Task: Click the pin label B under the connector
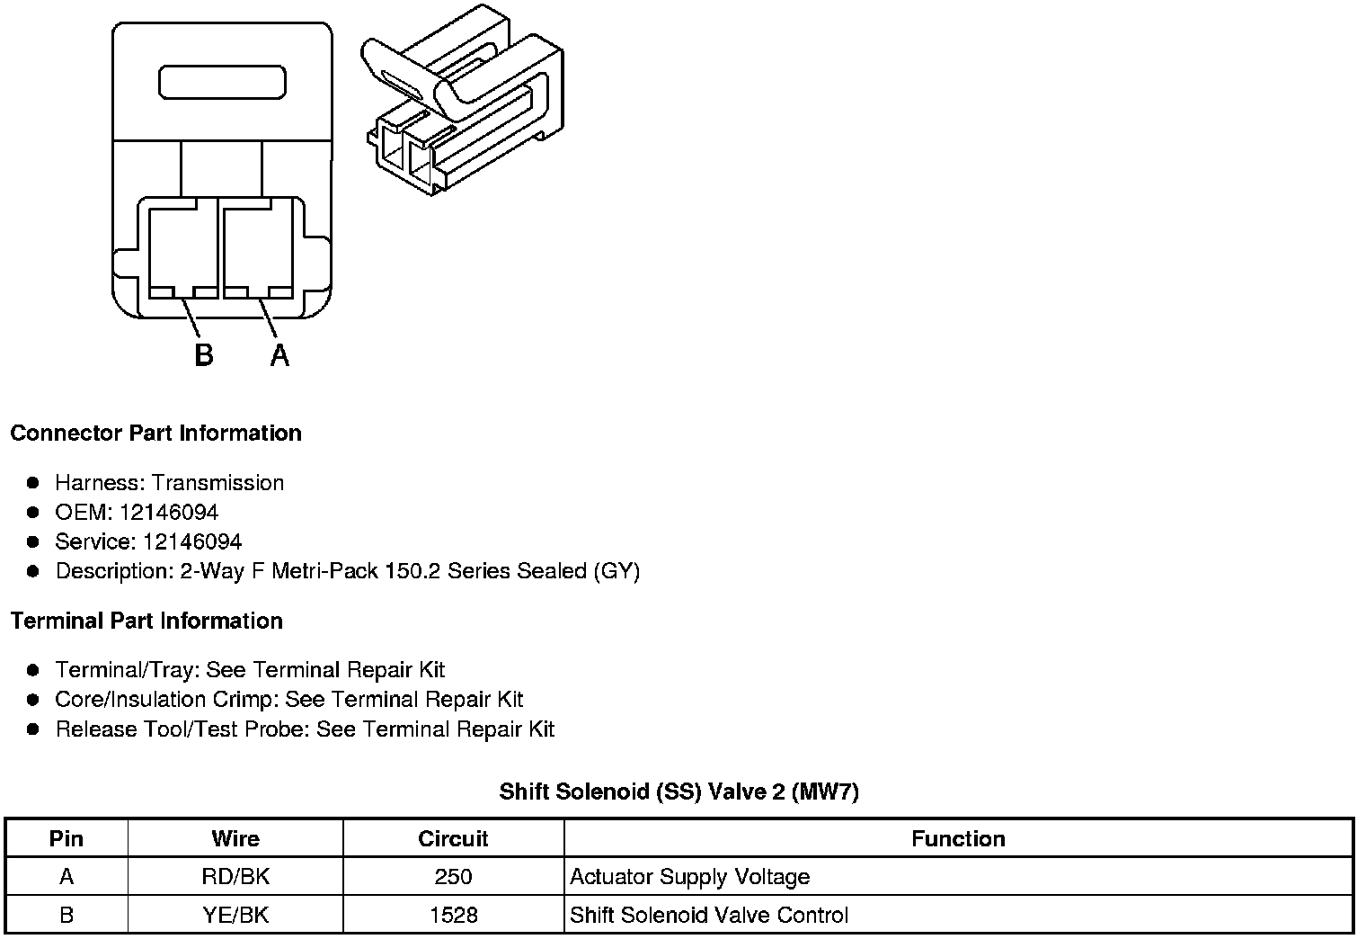[204, 355]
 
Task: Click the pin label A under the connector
[279, 355]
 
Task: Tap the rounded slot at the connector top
[222, 82]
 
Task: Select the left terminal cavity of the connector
[182, 251]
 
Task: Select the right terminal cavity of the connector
[257, 251]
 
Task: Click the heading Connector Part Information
[155, 433]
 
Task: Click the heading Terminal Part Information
[146, 621]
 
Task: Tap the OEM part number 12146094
[168, 513]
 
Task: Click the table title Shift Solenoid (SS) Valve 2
[679, 791]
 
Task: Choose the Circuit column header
[453, 839]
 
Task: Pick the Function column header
[958, 839]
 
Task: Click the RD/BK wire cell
[235, 877]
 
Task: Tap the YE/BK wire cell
[235, 916]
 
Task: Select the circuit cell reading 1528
[453, 916]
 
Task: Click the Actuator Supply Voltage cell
[689, 877]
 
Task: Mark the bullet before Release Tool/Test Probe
[33, 729]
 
